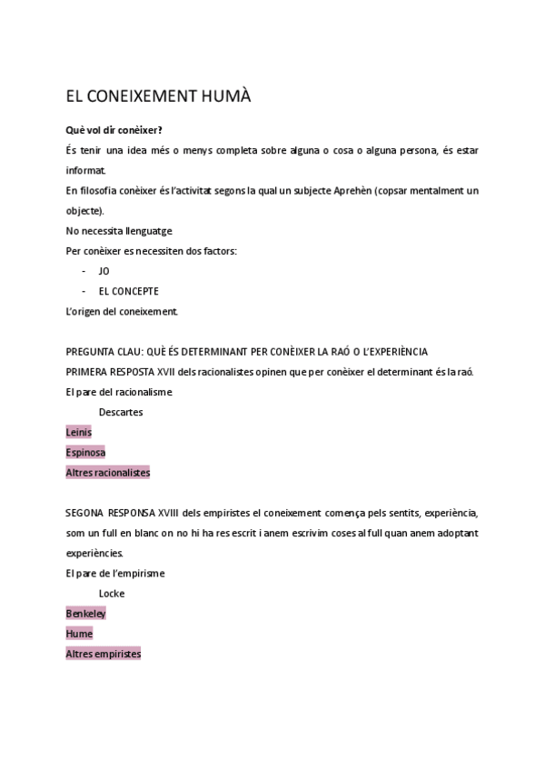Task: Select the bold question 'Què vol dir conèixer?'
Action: [x=114, y=130]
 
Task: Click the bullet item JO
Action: [x=104, y=271]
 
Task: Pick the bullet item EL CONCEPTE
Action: [x=128, y=291]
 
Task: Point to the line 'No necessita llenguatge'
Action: [x=119, y=231]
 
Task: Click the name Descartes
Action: [x=121, y=412]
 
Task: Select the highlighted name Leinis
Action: [x=79, y=432]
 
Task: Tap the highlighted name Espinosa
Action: [x=85, y=452]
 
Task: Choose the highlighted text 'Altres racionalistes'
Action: [x=108, y=472]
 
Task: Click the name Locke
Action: [x=112, y=593]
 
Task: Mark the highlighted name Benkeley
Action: [x=86, y=613]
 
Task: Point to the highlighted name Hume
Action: [x=79, y=633]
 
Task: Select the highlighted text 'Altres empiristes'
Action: [x=104, y=653]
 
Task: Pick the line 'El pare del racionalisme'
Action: [x=119, y=392]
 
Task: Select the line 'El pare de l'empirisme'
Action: [x=115, y=573]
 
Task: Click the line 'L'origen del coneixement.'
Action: [x=122, y=311]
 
